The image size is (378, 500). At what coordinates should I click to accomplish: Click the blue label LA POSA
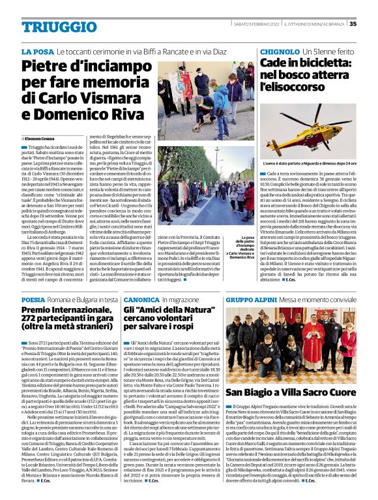[x=36, y=51]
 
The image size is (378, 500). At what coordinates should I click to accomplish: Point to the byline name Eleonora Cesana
[x=40, y=139]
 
